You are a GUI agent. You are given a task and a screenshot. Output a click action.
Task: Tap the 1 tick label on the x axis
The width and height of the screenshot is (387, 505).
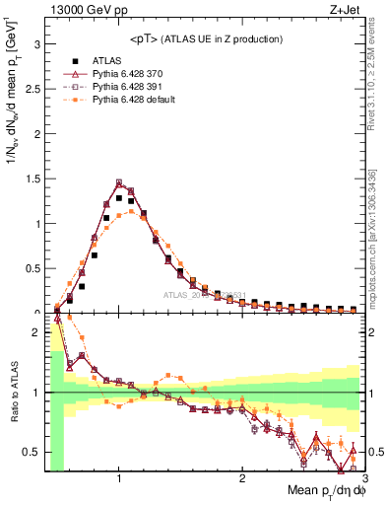point(119,478)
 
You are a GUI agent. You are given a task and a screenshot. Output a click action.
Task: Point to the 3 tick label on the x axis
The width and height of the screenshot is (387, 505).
point(363,478)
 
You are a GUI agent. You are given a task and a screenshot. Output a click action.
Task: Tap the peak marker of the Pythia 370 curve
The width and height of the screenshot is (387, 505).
point(119,182)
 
